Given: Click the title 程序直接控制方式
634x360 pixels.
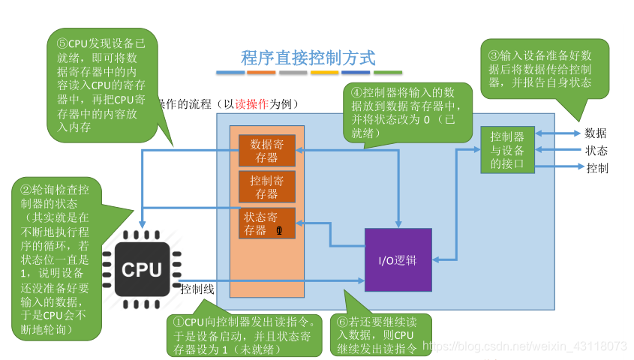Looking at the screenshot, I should coord(308,57).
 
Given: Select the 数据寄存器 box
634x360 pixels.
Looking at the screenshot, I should coord(267,151).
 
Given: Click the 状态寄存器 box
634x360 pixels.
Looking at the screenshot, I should coord(267,223).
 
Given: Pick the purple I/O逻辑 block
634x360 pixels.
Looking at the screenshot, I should coord(398,260).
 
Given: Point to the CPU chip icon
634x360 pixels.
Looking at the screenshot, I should coord(142,268).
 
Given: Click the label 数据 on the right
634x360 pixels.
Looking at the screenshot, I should coord(595,133).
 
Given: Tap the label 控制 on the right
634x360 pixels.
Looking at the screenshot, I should coord(596,168).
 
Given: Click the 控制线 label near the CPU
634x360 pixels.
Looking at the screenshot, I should coord(198,289).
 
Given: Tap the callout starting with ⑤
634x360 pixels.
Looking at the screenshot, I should coord(102,85).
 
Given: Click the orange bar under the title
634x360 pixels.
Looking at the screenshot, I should coord(261,73).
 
